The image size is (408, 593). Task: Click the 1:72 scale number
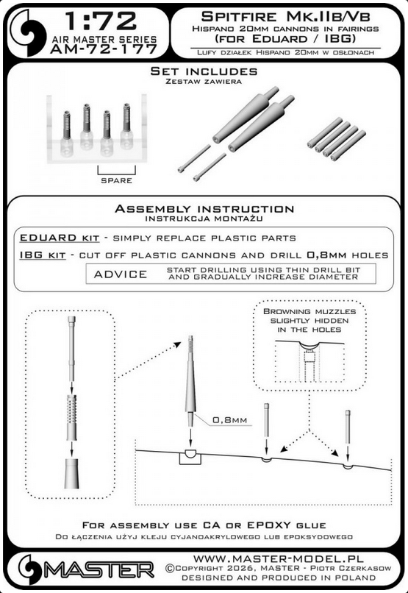(x=100, y=21)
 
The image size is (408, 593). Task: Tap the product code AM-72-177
(x=103, y=49)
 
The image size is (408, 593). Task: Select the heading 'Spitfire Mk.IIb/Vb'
(x=285, y=16)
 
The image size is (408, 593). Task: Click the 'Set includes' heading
(x=204, y=71)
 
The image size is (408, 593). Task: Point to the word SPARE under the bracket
(x=116, y=181)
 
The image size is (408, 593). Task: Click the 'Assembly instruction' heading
(x=204, y=209)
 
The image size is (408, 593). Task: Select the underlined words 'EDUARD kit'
(x=60, y=238)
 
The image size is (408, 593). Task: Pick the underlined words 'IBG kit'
(x=43, y=255)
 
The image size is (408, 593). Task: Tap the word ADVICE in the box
(x=121, y=274)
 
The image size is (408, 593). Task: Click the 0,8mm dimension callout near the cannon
(x=229, y=420)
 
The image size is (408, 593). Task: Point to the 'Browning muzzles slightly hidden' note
(x=309, y=320)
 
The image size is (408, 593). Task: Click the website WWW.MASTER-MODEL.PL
(x=279, y=559)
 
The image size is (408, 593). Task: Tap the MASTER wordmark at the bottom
(x=99, y=569)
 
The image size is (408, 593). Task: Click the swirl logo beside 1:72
(x=29, y=33)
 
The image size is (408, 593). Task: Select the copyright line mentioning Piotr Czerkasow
(x=278, y=568)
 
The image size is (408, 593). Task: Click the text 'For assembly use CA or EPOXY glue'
(x=204, y=525)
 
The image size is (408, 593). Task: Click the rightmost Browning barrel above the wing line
(x=348, y=427)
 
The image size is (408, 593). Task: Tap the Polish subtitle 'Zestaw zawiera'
(x=204, y=82)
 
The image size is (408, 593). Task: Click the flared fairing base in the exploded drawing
(x=71, y=474)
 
